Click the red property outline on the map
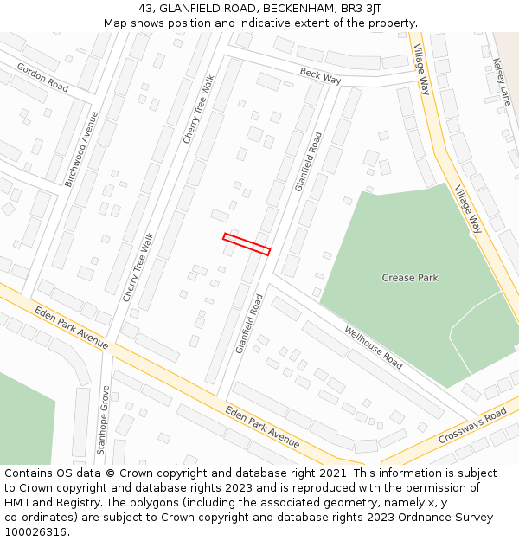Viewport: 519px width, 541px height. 247,244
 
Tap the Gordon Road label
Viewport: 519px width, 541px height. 42,78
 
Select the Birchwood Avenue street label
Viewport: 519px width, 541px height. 82,149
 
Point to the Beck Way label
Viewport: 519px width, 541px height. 320,76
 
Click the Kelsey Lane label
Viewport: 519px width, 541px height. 502,81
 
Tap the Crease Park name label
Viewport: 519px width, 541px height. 410,278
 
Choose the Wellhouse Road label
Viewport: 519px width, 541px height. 373,347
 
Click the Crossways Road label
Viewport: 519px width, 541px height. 471,426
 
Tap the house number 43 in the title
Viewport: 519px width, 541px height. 146,8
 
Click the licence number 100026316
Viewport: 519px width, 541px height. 35,532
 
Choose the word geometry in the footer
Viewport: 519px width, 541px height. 339,503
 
